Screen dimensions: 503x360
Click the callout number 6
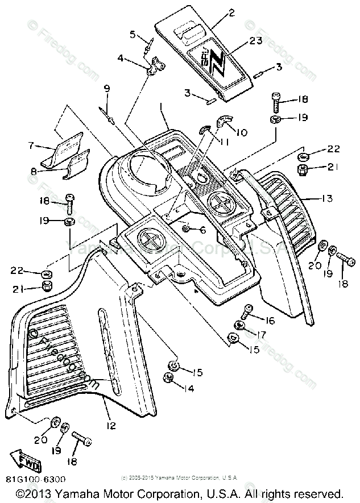202,230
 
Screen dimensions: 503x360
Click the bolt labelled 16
248,311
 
